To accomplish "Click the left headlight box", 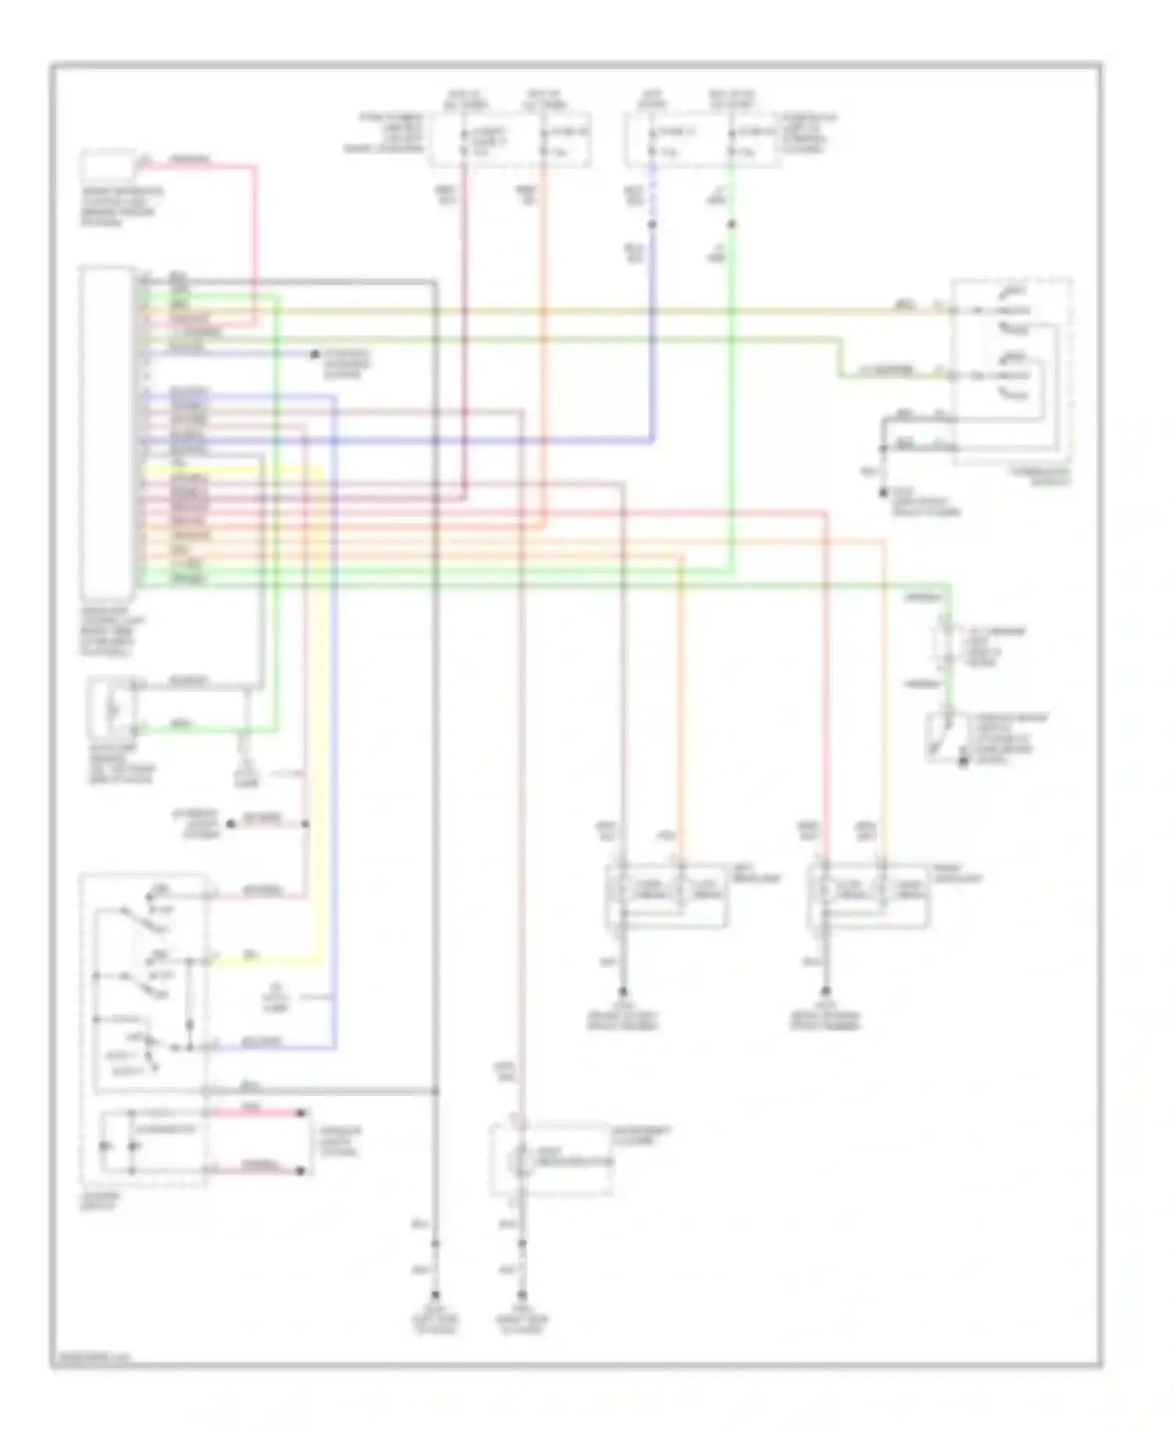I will pyautogui.click(x=666, y=895).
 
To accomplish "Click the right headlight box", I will pyautogui.click(x=869, y=895).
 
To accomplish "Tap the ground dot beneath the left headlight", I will pyautogui.click(x=623, y=992).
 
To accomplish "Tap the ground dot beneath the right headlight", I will pyautogui.click(x=826, y=992).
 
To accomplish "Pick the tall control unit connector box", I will pyautogui.click(x=107, y=433).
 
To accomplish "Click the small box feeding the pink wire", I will pyautogui.click(x=108, y=167).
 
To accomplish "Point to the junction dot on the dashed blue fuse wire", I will pyautogui.click(x=652, y=225).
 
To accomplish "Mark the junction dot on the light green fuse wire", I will pyautogui.click(x=731, y=225).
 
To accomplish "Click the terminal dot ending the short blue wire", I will pyautogui.click(x=315, y=355).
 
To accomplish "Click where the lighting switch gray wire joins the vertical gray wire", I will pyautogui.click(x=435, y=1091).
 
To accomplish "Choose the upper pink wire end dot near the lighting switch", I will pyautogui.click(x=301, y=1112).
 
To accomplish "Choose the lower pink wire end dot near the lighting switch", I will pyautogui.click(x=301, y=1171).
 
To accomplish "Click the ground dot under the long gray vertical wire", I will pyautogui.click(x=435, y=1296).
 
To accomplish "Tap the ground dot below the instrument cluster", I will pyautogui.click(x=522, y=1296).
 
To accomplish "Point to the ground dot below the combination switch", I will pyautogui.click(x=882, y=493).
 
